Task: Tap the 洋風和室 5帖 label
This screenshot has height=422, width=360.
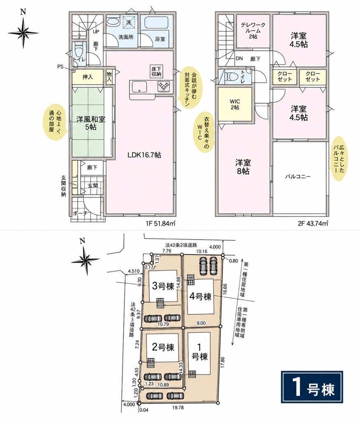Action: (x=91, y=123)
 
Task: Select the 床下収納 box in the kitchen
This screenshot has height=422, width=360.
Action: (x=156, y=71)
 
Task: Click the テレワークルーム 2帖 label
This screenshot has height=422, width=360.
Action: (x=253, y=30)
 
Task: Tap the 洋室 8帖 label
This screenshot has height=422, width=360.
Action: (x=243, y=167)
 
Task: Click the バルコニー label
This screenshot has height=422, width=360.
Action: (x=298, y=177)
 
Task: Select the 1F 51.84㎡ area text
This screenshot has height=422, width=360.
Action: (x=161, y=223)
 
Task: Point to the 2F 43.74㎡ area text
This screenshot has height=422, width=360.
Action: (x=313, y=223)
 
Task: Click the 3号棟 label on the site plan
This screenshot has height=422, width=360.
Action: (x=163, y=286)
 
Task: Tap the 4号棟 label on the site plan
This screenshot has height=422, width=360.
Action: (x=200, y=297)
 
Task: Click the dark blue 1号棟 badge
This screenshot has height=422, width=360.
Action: (x=312, y=387)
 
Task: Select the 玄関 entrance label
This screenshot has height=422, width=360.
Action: (x=92, y=185)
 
